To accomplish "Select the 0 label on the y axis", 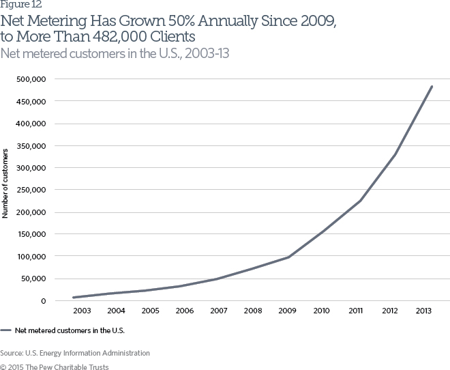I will click(x=43, y=300).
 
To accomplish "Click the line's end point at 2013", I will click(x=432, y=87).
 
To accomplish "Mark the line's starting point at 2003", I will click(x=74, y=297).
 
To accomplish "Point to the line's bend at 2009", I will click(x=288, y=257).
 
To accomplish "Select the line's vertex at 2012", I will click(x=395, y=154).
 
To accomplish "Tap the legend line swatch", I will click(x=6, y=330).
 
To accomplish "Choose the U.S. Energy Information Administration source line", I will click(x=75, y=353).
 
